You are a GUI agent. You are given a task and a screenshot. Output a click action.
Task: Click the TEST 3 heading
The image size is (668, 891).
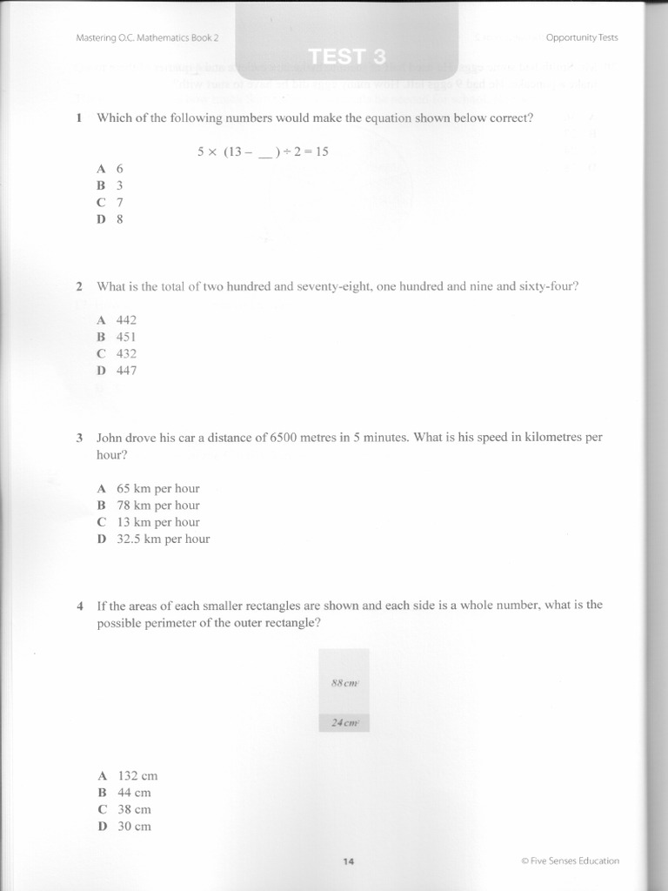click(x=346, y=57)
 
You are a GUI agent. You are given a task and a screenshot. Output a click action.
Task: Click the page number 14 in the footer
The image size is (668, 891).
click(x=349, y=861)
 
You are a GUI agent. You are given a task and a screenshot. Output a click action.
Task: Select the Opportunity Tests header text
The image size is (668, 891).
click(x=581, y=37)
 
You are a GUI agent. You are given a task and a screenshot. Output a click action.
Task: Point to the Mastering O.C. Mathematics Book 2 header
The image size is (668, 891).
click(x=147, y=37)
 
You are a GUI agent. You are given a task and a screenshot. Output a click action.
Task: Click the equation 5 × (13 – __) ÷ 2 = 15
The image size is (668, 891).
click(x=263, y=151)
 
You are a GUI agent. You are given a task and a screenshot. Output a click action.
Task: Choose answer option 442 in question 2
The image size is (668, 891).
click(x=126, y=320)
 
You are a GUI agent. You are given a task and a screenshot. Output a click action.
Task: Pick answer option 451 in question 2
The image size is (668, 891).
click(x=126, y=337)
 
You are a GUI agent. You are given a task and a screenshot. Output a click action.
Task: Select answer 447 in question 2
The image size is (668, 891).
click(x=126, y=371)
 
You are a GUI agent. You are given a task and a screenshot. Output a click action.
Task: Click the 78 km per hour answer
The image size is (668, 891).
click(x=157, y=506)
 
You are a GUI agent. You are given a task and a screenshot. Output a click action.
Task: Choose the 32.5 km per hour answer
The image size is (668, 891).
click(x=163, y=539)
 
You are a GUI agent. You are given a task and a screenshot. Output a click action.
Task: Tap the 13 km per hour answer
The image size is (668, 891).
click(x=157, y=522)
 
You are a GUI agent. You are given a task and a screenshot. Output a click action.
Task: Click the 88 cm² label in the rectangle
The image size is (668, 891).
click(x=345, y=683)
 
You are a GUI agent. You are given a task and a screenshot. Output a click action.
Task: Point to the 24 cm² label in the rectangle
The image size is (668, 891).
click(x=345, y=722)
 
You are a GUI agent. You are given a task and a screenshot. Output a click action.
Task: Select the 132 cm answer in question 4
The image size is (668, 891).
click(x=137, y=775)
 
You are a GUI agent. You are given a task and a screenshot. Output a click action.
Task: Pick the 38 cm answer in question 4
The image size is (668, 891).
click(x=134, y=809)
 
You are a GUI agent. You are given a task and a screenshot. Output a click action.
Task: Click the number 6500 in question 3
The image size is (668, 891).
click(x=286, y=438)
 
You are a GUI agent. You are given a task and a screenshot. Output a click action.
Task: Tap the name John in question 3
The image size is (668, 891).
click(x=110, y=438)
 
